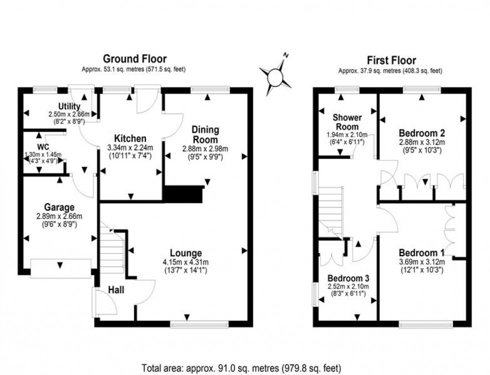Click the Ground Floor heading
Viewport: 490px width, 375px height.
coord(134,59)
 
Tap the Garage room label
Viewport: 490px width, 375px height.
coord(59,207)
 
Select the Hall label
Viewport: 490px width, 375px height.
coord(116,290)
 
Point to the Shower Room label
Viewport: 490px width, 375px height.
coord(347,122)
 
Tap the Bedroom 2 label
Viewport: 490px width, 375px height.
coord(422,133)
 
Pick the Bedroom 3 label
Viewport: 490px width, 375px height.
coord(347,278)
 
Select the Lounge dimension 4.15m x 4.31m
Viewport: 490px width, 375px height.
coord(184,262)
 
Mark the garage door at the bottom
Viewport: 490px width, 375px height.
coord(61,268)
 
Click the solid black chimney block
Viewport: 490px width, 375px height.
coord(182,194)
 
